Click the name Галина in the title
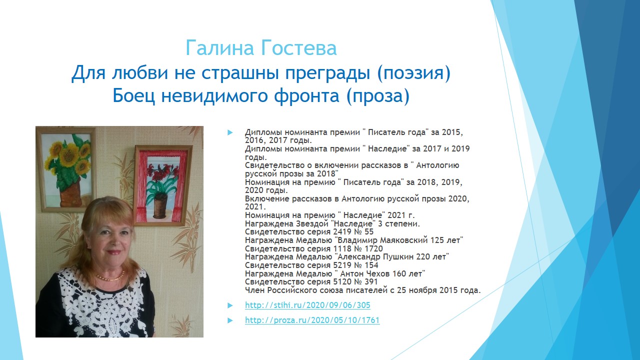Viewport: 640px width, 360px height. pyautogui.click(x=219, y=47)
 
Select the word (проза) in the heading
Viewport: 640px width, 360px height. pyautogui.click(x=377, y=96)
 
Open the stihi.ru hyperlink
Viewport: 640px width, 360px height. pyautogui.click(x=307, y=305)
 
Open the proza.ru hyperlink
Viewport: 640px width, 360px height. pyautogui.click(x=312, y=320)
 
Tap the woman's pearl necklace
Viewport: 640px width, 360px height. pyautogui.click(x=110, y=277)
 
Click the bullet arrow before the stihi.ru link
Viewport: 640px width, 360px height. pyautogui.click(x=230, y=305)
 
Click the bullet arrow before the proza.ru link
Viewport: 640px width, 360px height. pyautogui.click(x=230, y=320)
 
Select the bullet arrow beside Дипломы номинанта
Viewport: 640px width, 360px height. pyautogui.click(x=230, y=132)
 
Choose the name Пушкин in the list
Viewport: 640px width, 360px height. pyautogui.click(x=398, y=257)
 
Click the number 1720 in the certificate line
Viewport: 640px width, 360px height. pyautogui.click(x=373, y=248)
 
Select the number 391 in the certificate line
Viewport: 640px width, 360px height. pyautogui.click(x=370, y=282)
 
